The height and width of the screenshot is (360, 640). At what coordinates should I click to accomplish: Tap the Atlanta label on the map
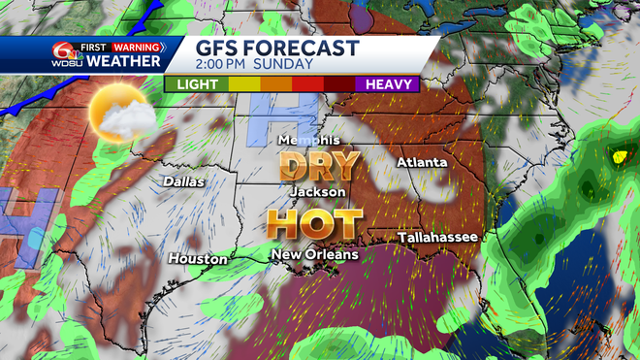coord(422,162)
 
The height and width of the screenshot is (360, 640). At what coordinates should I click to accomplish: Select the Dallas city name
coord(184,181)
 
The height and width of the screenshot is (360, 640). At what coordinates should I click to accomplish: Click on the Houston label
coord(198,259)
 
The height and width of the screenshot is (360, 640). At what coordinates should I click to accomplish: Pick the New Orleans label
coord(314,254)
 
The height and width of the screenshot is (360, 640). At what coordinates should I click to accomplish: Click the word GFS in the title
coord(213,49)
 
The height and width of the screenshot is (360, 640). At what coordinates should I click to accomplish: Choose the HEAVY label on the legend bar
coord(393,84)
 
